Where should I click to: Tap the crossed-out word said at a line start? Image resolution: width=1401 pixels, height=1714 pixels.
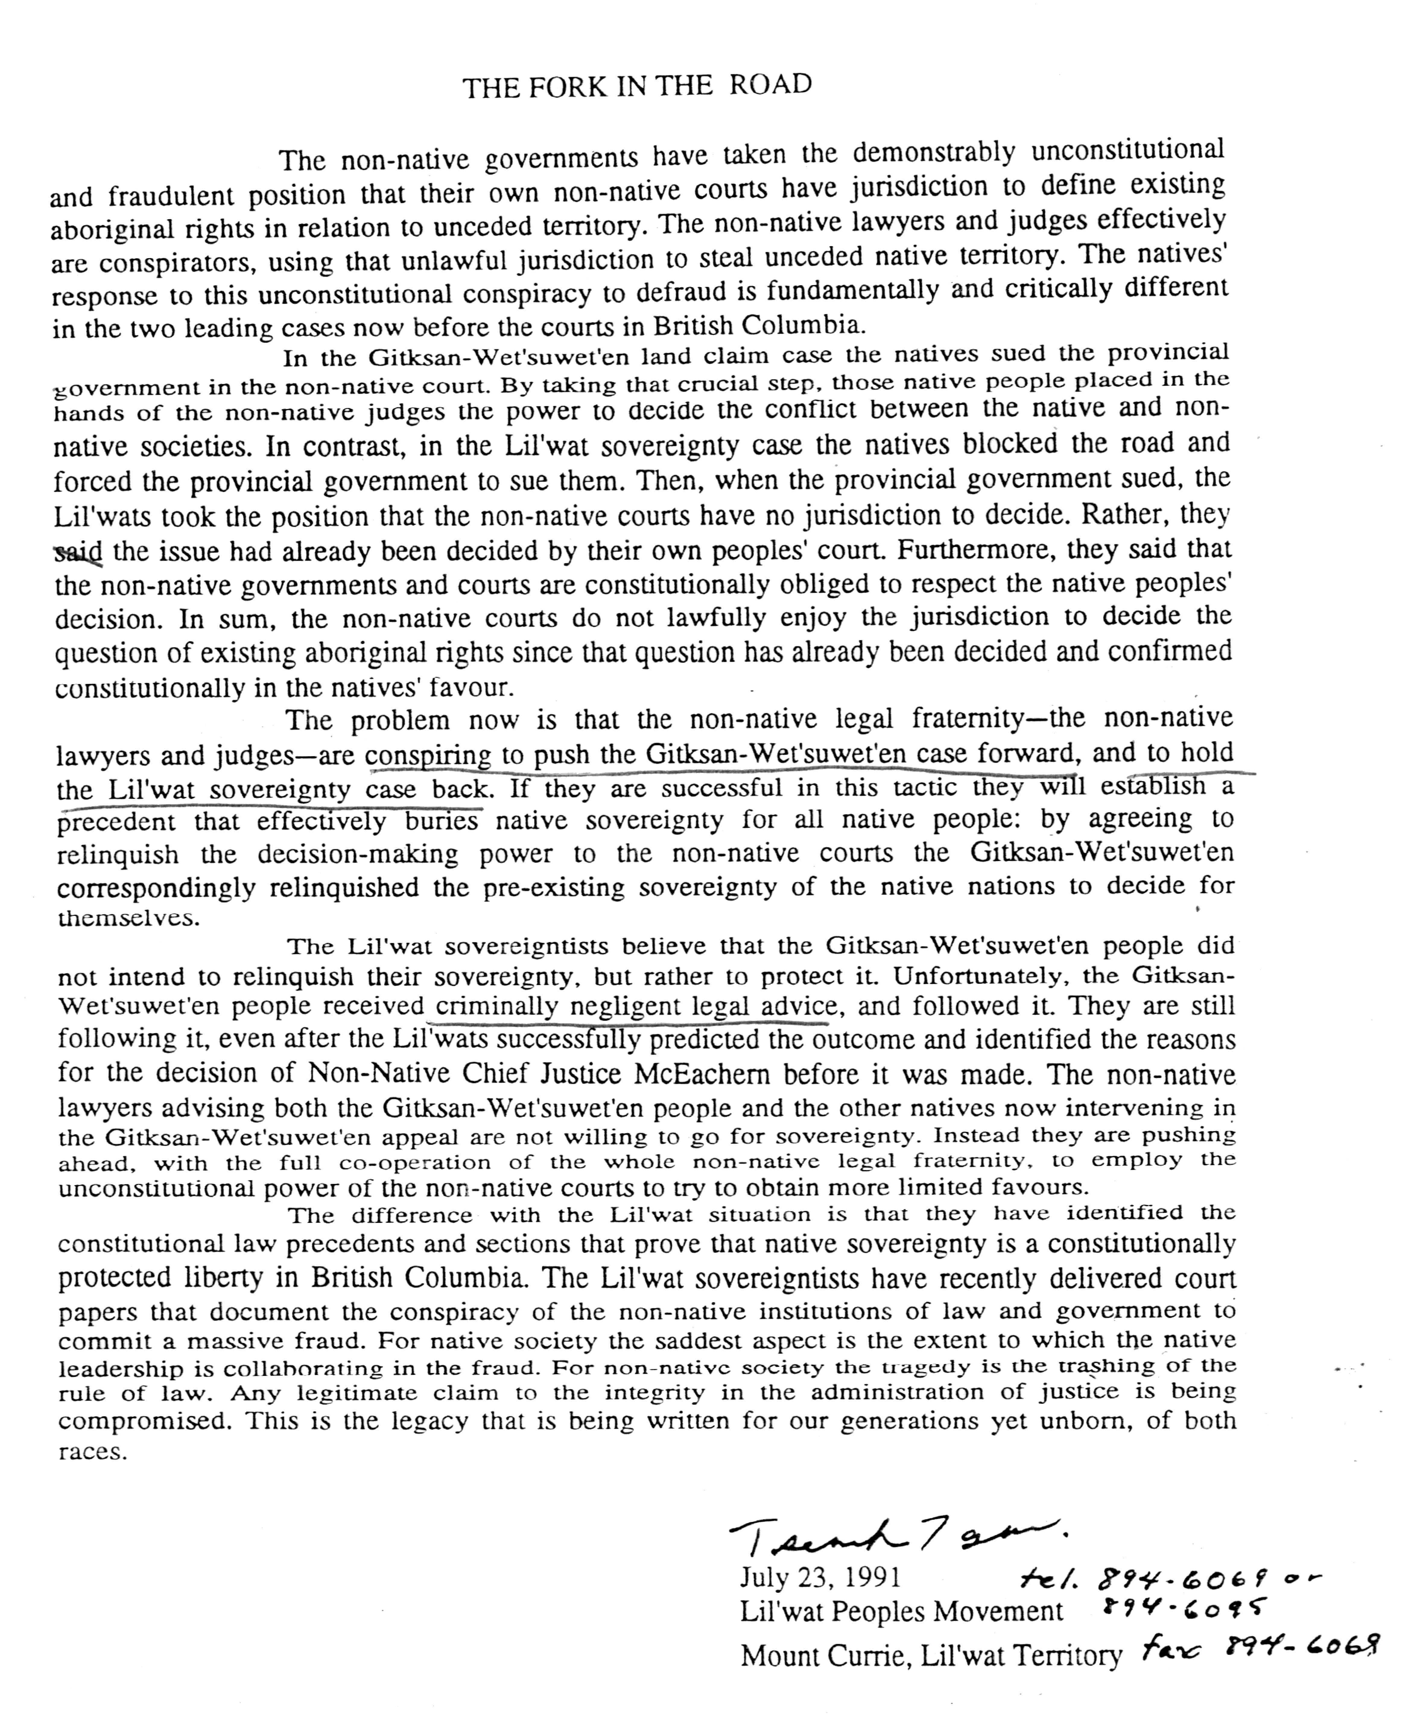(78, 553)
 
